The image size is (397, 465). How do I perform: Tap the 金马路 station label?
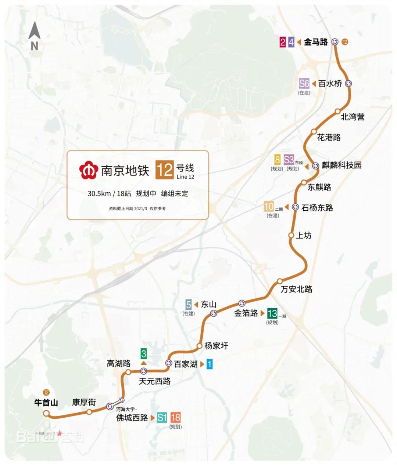tap(316, 42)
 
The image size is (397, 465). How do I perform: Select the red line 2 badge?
tap(282, 42)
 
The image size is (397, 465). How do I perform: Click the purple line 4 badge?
tap(291, 42)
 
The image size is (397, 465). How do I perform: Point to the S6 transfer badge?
tap(304, 83)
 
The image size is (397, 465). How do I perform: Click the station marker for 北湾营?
tap(337, 111)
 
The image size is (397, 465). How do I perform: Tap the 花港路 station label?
tap(329, 137)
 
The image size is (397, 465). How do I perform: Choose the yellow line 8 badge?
tap(278, 160)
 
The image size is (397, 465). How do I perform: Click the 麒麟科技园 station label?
tap(341, 165)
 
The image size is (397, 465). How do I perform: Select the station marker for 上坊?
tap(291, 235)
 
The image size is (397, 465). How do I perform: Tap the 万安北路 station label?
tap(296, 289)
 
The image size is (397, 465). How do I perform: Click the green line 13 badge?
tap(272, 313)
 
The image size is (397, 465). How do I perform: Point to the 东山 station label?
tap(208, 304)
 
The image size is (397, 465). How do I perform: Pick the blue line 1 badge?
tap(209, 364)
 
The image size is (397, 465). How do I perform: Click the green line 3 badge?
tap(144, 354)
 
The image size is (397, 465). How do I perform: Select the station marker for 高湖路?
tap(128, 372)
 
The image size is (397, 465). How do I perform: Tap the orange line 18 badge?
tap(175, 417)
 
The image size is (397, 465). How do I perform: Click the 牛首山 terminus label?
tap(46, 403)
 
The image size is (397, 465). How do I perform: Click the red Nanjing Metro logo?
tap(89, 170)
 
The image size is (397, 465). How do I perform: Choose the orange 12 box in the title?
tap(164, 170)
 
